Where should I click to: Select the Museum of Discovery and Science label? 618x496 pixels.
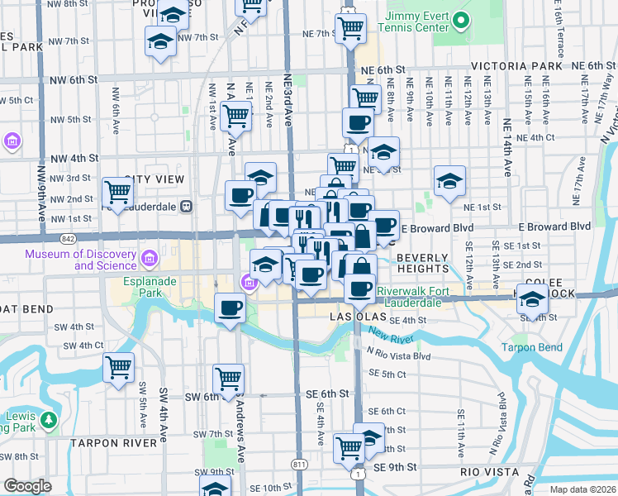80,260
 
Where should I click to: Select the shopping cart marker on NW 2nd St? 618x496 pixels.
118,192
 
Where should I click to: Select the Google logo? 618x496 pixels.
27,486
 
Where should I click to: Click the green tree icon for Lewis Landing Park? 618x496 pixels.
50,420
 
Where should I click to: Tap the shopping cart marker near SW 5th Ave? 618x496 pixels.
118,366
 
